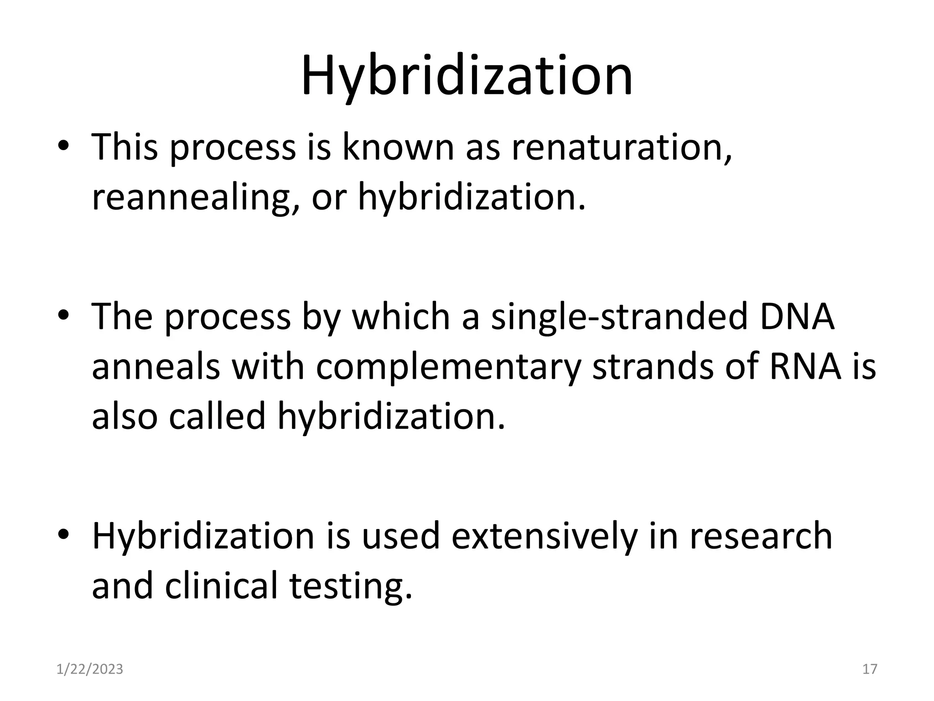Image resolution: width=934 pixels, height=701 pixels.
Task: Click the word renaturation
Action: pyautogui.click(x=622, y=147)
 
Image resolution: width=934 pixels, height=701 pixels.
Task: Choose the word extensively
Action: pyautogui.click(x=544, y=536)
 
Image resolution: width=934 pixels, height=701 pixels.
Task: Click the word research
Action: pyautogui.click(x=761, y=536)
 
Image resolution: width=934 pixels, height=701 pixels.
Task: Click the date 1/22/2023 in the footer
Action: pyautogui.click(x=90, y=669)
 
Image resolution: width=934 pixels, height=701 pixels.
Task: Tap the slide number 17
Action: pyautogui.click(x=870, y=669)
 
